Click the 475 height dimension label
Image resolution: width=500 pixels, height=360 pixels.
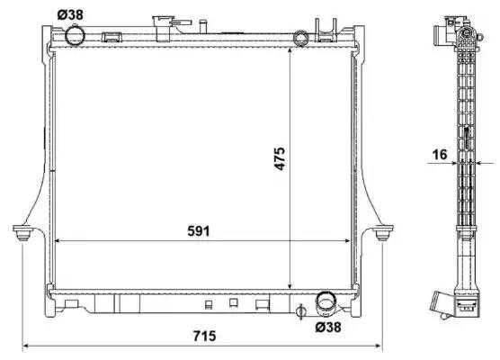pyautogui.click(x=280, y=158)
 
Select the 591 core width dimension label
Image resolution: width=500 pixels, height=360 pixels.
pyautogui.click(x=199, y=231)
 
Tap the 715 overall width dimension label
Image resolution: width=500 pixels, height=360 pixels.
pyautogui.click(x=204, y=336)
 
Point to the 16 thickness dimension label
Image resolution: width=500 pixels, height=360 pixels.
pyautogui.click(x=440, y=155)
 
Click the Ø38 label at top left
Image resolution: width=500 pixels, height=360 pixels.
pyautogui.click(x=70, y=14)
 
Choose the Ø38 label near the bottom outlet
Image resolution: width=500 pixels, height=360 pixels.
pyautogui.click(x=328, y=327)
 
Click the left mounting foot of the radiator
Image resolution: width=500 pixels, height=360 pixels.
pyautogui.click(x=22, y=233)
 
